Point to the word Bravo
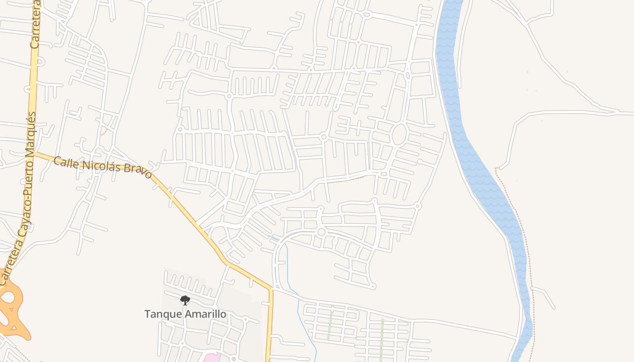(136, 171)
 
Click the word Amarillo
(204, 314)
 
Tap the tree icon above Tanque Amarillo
(185, 300)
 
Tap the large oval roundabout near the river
(399, 134)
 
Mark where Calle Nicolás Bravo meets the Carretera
(34, 153)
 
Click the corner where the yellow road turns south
(271, 288)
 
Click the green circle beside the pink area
(234, 359)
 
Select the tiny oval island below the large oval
(384, 174)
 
